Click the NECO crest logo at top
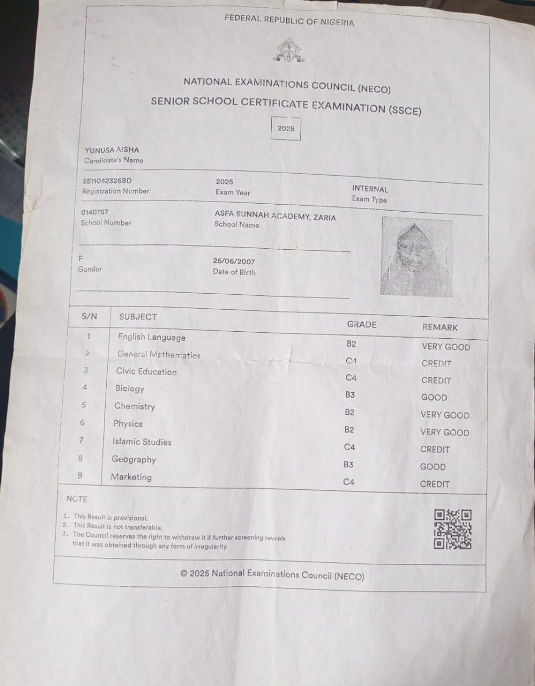click(x=289, y=51)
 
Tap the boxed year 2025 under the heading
click(x=286, y=128)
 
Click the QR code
click(x=452, y=530)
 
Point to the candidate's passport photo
click(x=416, y=256)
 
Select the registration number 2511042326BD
click(x=107, y=181)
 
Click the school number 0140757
click(x=94, y=212)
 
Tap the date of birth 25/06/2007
click(x=234, y=262)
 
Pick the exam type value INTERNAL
click(x=370, y=189)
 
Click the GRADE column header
click(x=362, y=324)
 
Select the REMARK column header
click(x=440, y=327)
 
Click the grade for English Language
click(x=351, y=344)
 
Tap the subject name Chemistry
click(x=135, y=406)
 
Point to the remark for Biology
click(x=434, y=398)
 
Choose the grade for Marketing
click(x=348, y=482)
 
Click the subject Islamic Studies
click(x=142, y=442)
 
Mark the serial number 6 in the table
click(x=83, y=422)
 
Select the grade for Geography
click(x=348, y=464)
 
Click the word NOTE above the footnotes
click(x=77, y=499)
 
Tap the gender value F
click(x=81, y=258)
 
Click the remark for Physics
click(x=444, y=432)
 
